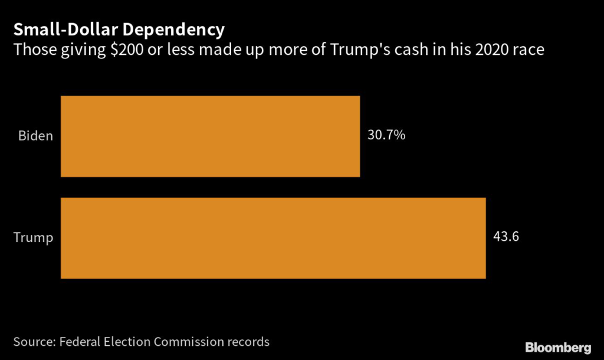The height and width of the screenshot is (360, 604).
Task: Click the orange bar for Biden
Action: tap(210, 136)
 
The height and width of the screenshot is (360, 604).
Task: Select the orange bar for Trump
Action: tap(273, 238)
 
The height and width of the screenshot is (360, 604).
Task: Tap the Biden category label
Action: tap(36, 136)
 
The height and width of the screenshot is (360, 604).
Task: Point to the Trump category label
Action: tap(34, 238)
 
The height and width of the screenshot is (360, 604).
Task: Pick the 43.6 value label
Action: tap(506, 237)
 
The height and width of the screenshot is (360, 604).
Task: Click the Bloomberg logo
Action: tap(557, 346)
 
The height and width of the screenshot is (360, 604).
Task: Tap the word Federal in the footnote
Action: tap(81, 342)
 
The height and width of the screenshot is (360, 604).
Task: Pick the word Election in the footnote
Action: tap(131, 342)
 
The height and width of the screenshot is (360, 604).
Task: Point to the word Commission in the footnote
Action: tap(191, 342)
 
